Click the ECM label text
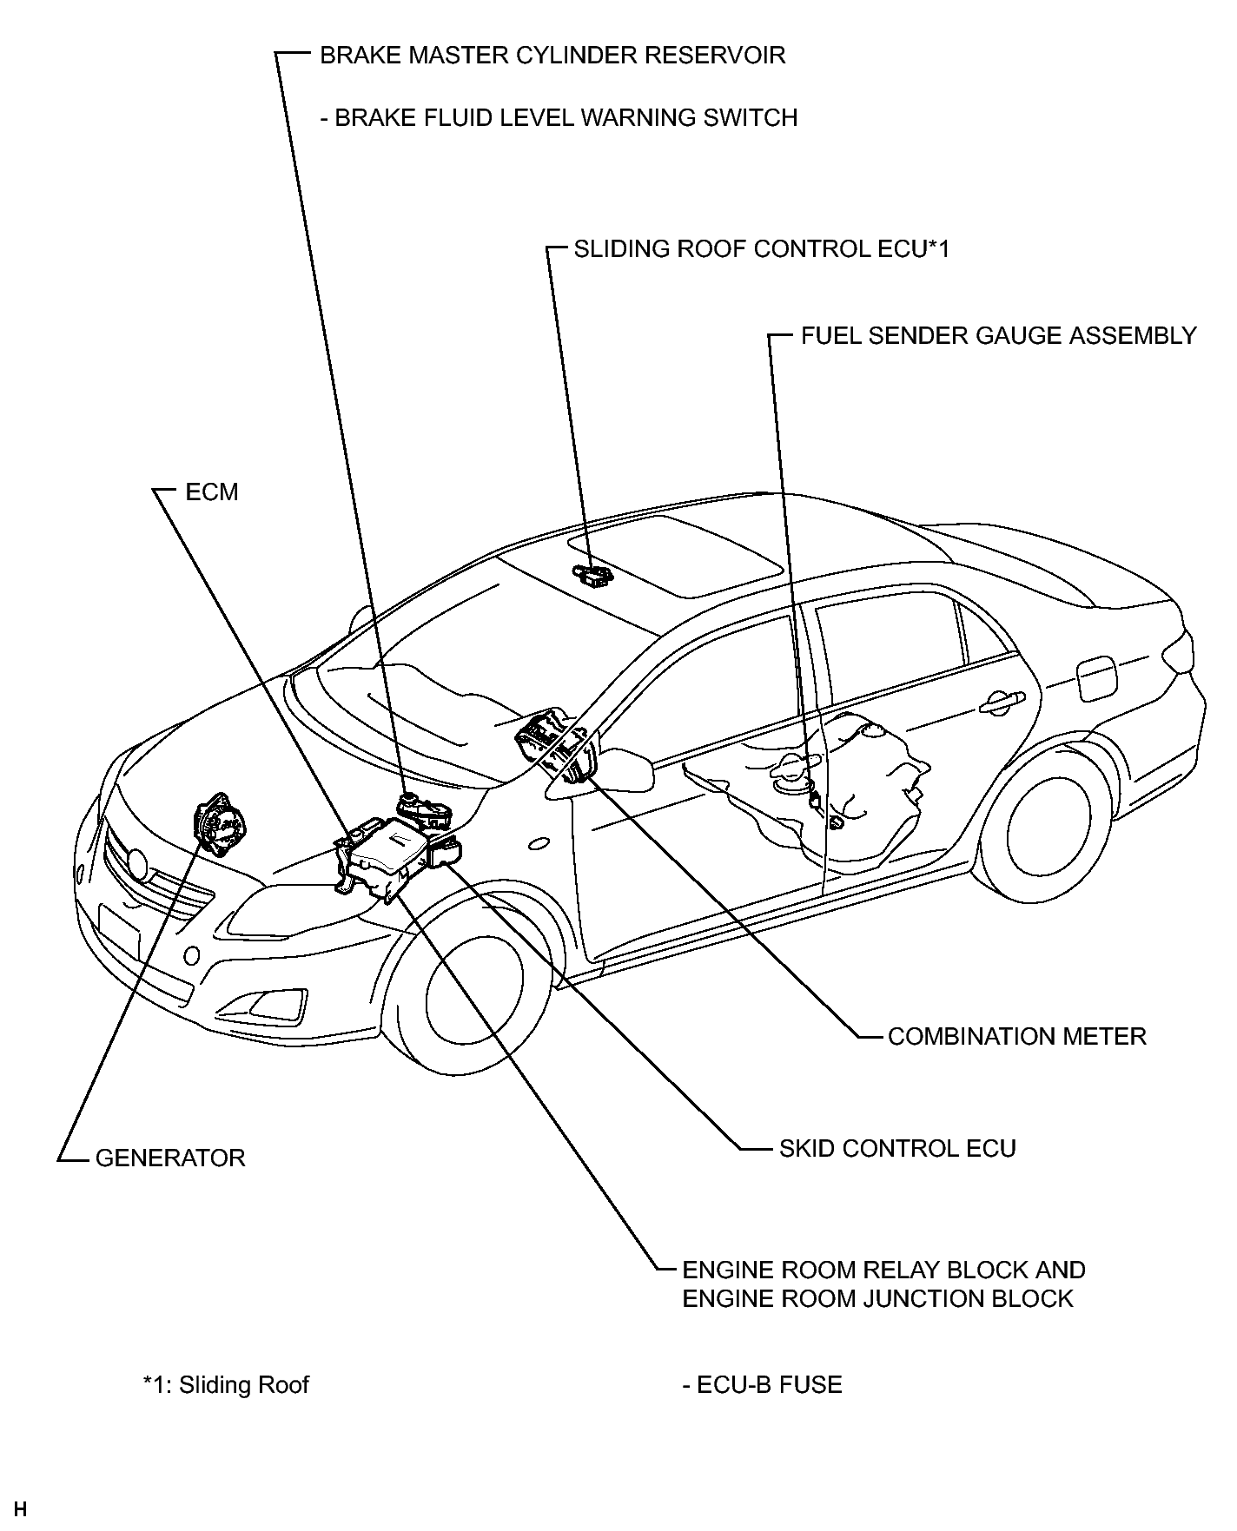[211, 492]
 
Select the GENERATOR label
[170, 1158]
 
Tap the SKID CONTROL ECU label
[897, 1148]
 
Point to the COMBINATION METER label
[1017, 1036]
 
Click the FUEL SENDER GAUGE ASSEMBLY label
[999, 335]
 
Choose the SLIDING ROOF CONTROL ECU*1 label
[762, 249]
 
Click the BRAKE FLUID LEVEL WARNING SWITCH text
[559, 117]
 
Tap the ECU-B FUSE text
[762, 1384]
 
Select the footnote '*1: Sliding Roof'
[226, 1384]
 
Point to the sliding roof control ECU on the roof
[592, 573]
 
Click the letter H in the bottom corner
[21, 1509]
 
